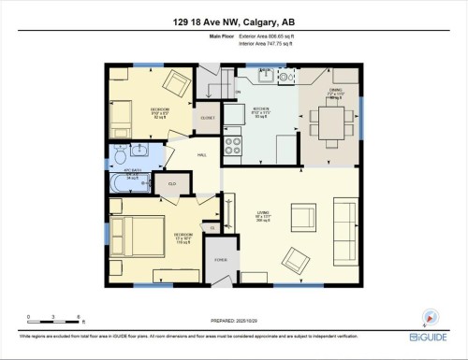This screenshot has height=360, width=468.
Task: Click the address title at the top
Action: (x=233, y=23)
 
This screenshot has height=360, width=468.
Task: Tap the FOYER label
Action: (x=221, y=260)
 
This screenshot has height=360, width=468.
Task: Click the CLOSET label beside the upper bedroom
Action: (x=208, y=118)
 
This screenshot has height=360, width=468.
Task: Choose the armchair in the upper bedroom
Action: (x=175, y=84)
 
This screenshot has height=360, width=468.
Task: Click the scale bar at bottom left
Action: (x=55, y=318)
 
